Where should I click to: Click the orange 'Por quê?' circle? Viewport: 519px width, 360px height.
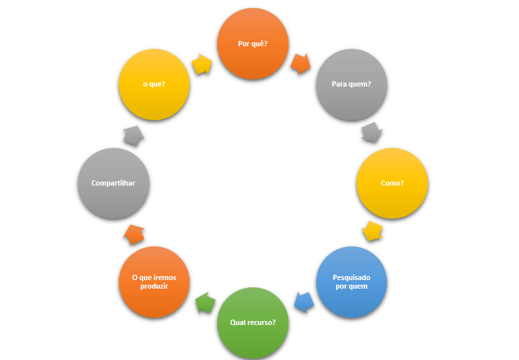coord(253,44)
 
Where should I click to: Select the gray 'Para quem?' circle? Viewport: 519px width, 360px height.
coord(351,84)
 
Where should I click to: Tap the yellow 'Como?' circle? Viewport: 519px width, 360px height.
coord(392,183)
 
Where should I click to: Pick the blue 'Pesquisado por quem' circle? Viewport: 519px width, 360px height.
coord(351,282)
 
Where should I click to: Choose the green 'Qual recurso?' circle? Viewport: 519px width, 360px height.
coord(253,323)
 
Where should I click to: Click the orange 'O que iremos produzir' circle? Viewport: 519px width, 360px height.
coord(154,282)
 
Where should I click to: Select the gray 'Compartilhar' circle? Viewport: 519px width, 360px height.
coord(113,183)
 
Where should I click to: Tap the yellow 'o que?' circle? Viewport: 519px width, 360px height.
coord(154,85)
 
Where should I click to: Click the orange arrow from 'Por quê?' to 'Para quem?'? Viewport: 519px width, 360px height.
coord(300,63)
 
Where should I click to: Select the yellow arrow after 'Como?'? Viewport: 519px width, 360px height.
coord(372,231)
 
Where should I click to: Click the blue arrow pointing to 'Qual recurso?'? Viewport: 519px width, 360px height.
coord(303,302)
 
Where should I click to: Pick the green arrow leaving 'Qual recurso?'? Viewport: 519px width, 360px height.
coord(205,303)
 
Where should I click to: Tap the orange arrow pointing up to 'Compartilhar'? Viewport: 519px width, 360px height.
coord(134,234)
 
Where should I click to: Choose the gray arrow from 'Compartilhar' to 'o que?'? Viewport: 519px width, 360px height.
coord(134,135)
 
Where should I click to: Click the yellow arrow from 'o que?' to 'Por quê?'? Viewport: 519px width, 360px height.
coord(202,64)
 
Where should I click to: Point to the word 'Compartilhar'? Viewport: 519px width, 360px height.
coord(113,183)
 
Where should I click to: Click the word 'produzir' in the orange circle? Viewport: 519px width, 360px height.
coord(155,287)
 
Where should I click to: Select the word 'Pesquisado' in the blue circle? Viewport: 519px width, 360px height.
coord(351,277)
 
